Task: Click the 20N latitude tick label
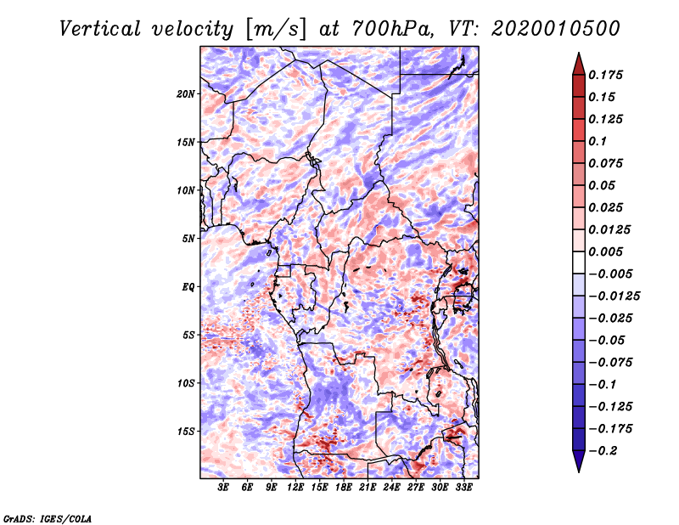[x=186, y=94]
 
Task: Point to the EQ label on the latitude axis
[x=188, y=287]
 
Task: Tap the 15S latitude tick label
[x=186, y=432]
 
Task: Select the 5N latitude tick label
[x=188, y=239]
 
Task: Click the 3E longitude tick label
[x=223, y=488]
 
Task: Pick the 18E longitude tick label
[x=344, y=488]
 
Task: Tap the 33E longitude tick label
[x=463, y=488]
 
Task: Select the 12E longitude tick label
[x=295, y=488]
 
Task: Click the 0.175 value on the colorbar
[x=605, y=75]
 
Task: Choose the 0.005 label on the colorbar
[x=605, y=251]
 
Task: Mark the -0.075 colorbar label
[x=610, y=363]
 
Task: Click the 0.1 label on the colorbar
[x=598, y=141]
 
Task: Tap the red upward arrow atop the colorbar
[x=579, y=64]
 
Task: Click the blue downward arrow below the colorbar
[x=579, y=461]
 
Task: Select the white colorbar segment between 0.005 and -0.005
[x=579, y=262]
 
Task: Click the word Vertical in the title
[x=100, y=29]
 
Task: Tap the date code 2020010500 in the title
[x=556, y=29]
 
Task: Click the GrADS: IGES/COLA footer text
[x=48, y=518]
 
